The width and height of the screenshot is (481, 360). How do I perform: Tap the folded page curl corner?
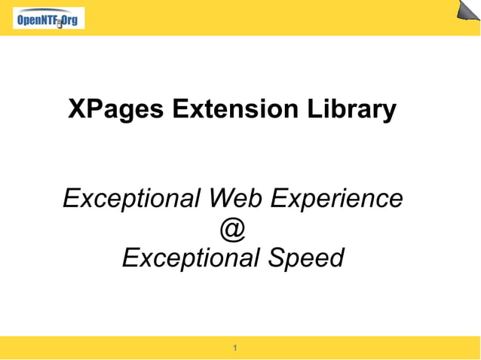[467, 11]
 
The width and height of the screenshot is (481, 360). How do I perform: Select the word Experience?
[336, 200]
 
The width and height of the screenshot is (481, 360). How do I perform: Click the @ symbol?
[233, 230]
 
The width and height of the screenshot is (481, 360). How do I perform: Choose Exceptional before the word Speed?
[190, 258]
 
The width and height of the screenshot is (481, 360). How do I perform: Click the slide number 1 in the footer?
[236, 348]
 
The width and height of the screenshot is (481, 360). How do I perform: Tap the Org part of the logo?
[69, 20]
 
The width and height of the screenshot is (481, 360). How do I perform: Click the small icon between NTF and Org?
[59, 23]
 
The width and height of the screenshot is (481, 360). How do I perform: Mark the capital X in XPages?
[77, 109]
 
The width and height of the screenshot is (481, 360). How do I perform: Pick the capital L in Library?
[314, 109]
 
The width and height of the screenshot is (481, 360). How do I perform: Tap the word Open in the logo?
[28, 20]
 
